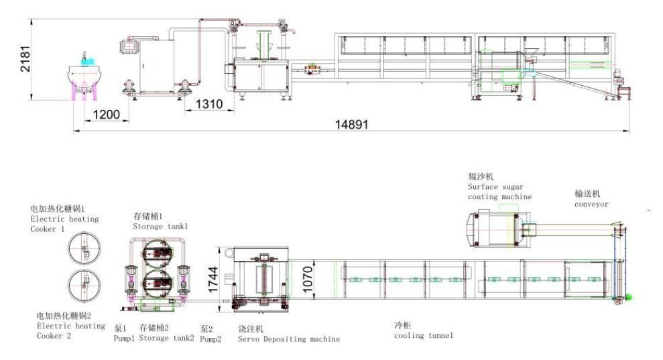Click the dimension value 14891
coord(351,125)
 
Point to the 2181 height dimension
coord(25,59)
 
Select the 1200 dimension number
coord(106,114)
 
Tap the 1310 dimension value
coord(209,104)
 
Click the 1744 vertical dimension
coord(213,280)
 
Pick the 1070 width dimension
coord(308,279)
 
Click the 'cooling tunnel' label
coord(423,335)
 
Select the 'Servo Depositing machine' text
coord(289,339)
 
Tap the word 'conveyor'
coord(591,204)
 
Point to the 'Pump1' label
coord(124,339)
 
